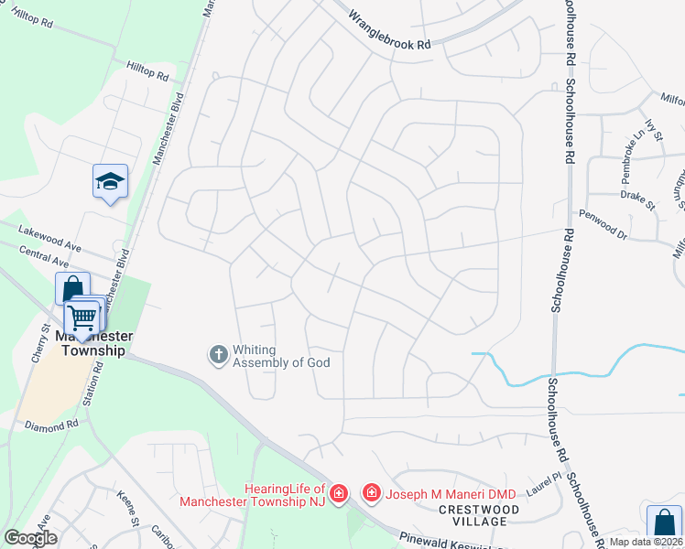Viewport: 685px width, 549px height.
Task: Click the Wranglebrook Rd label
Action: [x=389, y=30]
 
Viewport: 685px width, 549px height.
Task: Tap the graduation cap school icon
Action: [x=110, y=182]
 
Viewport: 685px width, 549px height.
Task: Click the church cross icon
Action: [x=218, y=354]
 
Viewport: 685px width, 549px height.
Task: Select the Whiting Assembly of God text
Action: [x=280, y=356]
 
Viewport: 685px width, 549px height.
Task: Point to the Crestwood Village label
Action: [x=473, y=515]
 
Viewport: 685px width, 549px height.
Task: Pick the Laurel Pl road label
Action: [x=544, y=484]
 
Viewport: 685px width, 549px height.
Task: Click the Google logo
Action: [x=30, y=538]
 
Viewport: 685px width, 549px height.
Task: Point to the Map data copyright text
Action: [x=646, y=543]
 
